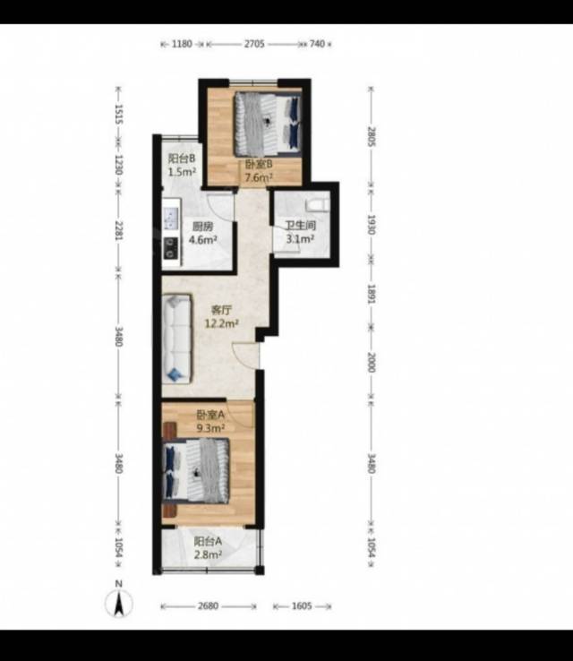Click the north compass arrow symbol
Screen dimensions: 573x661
pyautogui.click(x=119, y=604)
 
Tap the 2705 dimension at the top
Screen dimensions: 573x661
pyautogui.click(x=254, y=44)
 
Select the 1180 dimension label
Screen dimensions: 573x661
pyautogui.click(x=182, y=44)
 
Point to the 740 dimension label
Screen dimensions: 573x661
pyautogui.click(x=317, y=44)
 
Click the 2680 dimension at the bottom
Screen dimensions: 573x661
pyautogui.click(x=208, y=606)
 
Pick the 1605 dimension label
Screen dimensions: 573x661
pyautogui.click(x=302, y=606)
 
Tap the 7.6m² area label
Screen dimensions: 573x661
pyautogui.click(x=259, y=177)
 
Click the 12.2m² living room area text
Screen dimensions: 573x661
pyautogui.click(x=222, y=323)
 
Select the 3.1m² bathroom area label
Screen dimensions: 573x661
pyautogui.click(x=300, y=239)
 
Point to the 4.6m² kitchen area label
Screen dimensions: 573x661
pyautogui.click(x=202, y=240)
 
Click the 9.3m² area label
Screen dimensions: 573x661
pyautogui.click(x=210, y=428)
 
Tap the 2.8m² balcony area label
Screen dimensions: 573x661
pyautogui.click(x=208, y=554)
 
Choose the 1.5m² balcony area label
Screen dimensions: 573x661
pyautogui.click(x=182, y=172)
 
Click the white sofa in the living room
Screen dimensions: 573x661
pyautogui.click(x=177, y=339)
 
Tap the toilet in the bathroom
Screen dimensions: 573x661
pyautogui.click(x=317, y=205)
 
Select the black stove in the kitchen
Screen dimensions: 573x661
pyautogui.click(x=171, y=248)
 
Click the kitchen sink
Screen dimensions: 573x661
pyautogui.click(x=172, y=219)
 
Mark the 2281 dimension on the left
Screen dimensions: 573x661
pyautogui.click(x=118, y=230)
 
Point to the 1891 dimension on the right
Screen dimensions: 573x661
pyautogui.click(x=372, y=294)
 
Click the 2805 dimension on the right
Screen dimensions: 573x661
pyautogui.click(x=372, y=136)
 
